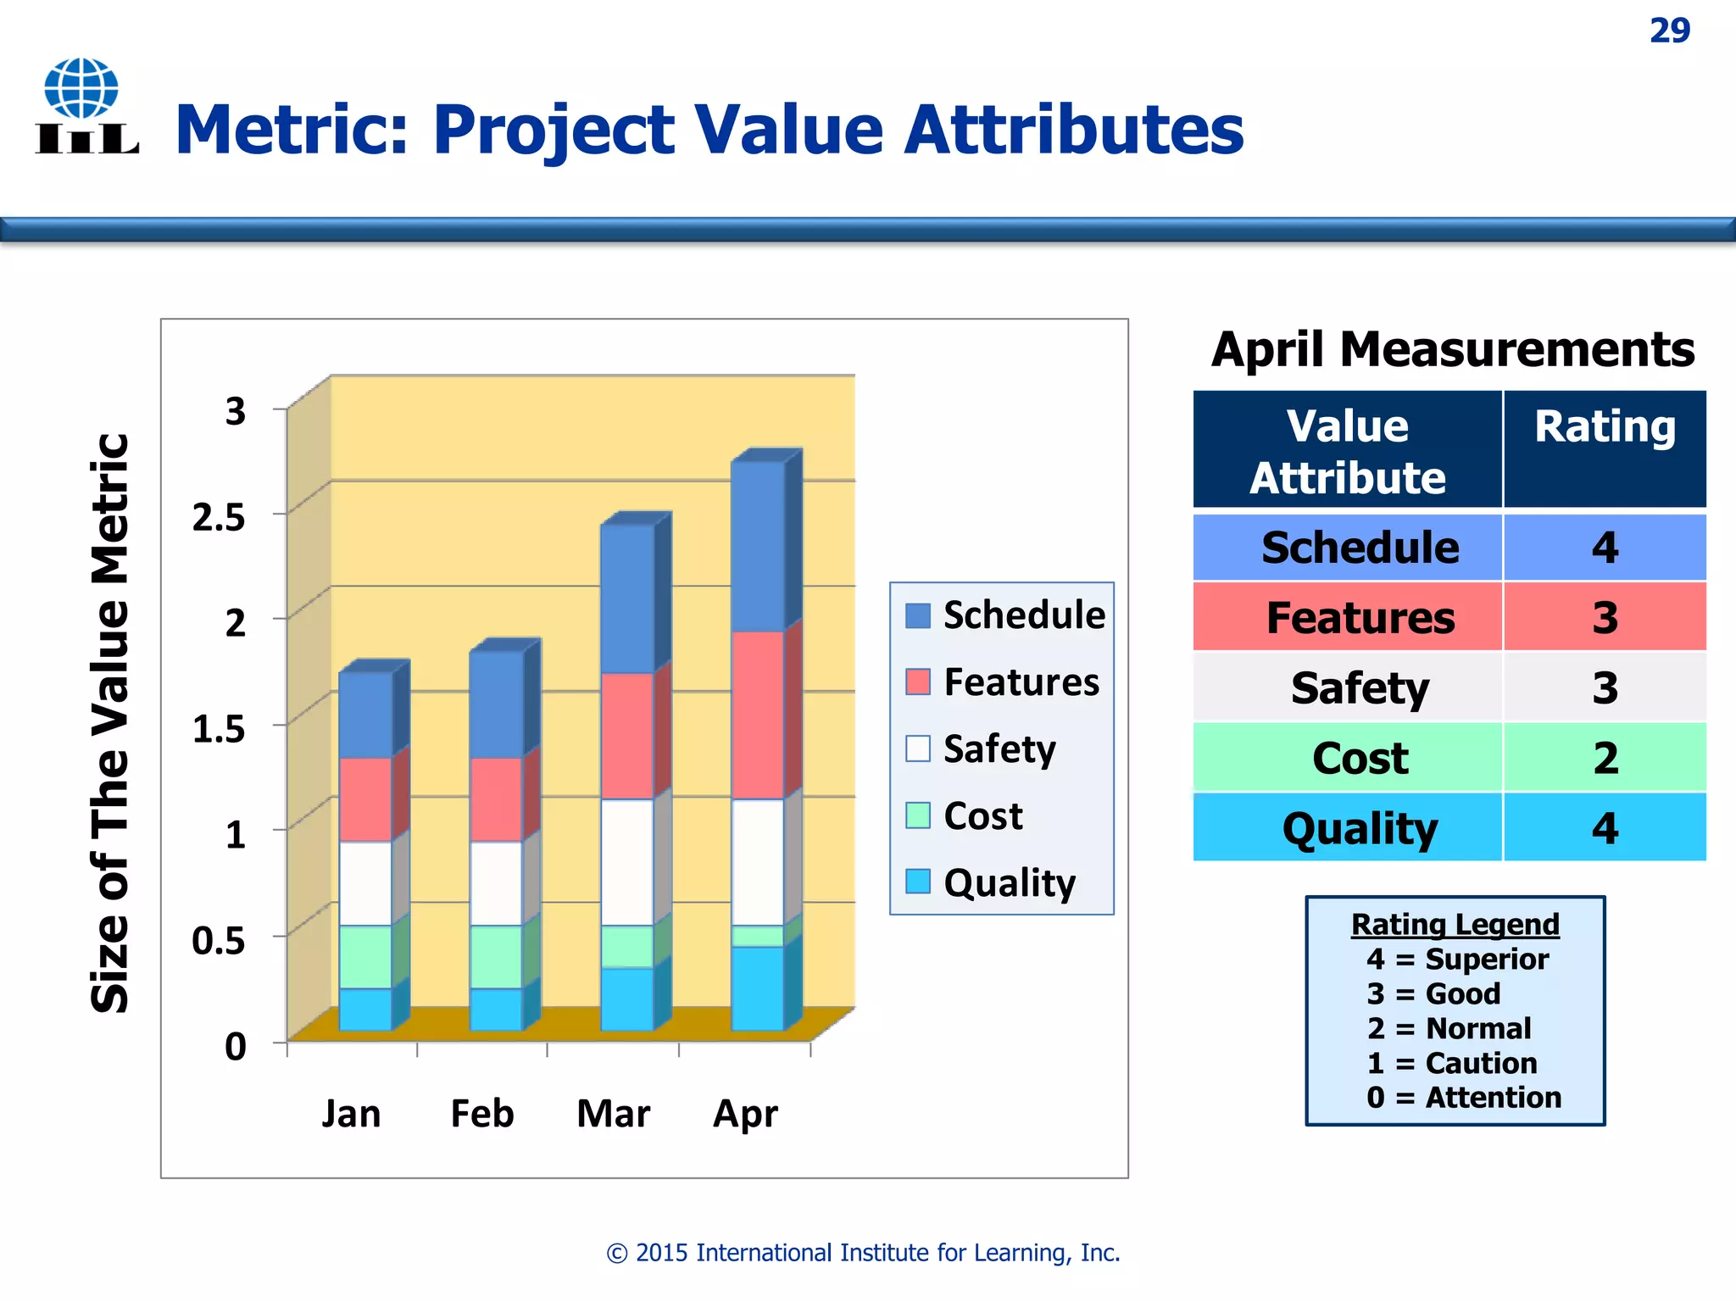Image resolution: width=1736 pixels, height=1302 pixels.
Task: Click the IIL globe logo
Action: [85, 106]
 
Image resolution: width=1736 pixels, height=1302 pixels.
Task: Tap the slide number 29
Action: [1669, 31]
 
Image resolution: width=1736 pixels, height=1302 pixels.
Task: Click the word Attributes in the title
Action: [1073, 130]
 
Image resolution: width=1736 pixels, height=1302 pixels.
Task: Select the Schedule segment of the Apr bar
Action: [757, 547]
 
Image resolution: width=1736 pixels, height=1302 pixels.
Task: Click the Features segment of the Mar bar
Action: [626, 736]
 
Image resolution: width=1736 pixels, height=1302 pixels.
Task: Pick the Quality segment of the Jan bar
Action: [365, 1009]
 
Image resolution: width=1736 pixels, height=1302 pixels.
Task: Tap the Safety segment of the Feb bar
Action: [496, 882]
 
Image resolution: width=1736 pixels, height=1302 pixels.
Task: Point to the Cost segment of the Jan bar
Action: [365, 956]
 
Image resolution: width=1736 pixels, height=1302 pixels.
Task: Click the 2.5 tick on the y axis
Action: [219, 517]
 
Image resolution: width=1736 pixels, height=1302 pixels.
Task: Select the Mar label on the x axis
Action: [613, 1113]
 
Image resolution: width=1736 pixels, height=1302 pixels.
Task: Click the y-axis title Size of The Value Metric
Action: [110, 723]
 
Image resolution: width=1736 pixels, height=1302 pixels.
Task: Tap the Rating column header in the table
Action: [1604, 426]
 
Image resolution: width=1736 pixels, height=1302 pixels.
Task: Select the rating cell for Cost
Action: [1604, 758]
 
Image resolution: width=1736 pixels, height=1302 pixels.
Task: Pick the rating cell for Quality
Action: [1604, 828]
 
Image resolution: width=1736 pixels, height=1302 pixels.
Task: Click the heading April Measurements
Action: [1452, 349]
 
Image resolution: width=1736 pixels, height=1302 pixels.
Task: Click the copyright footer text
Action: [863, 1253]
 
